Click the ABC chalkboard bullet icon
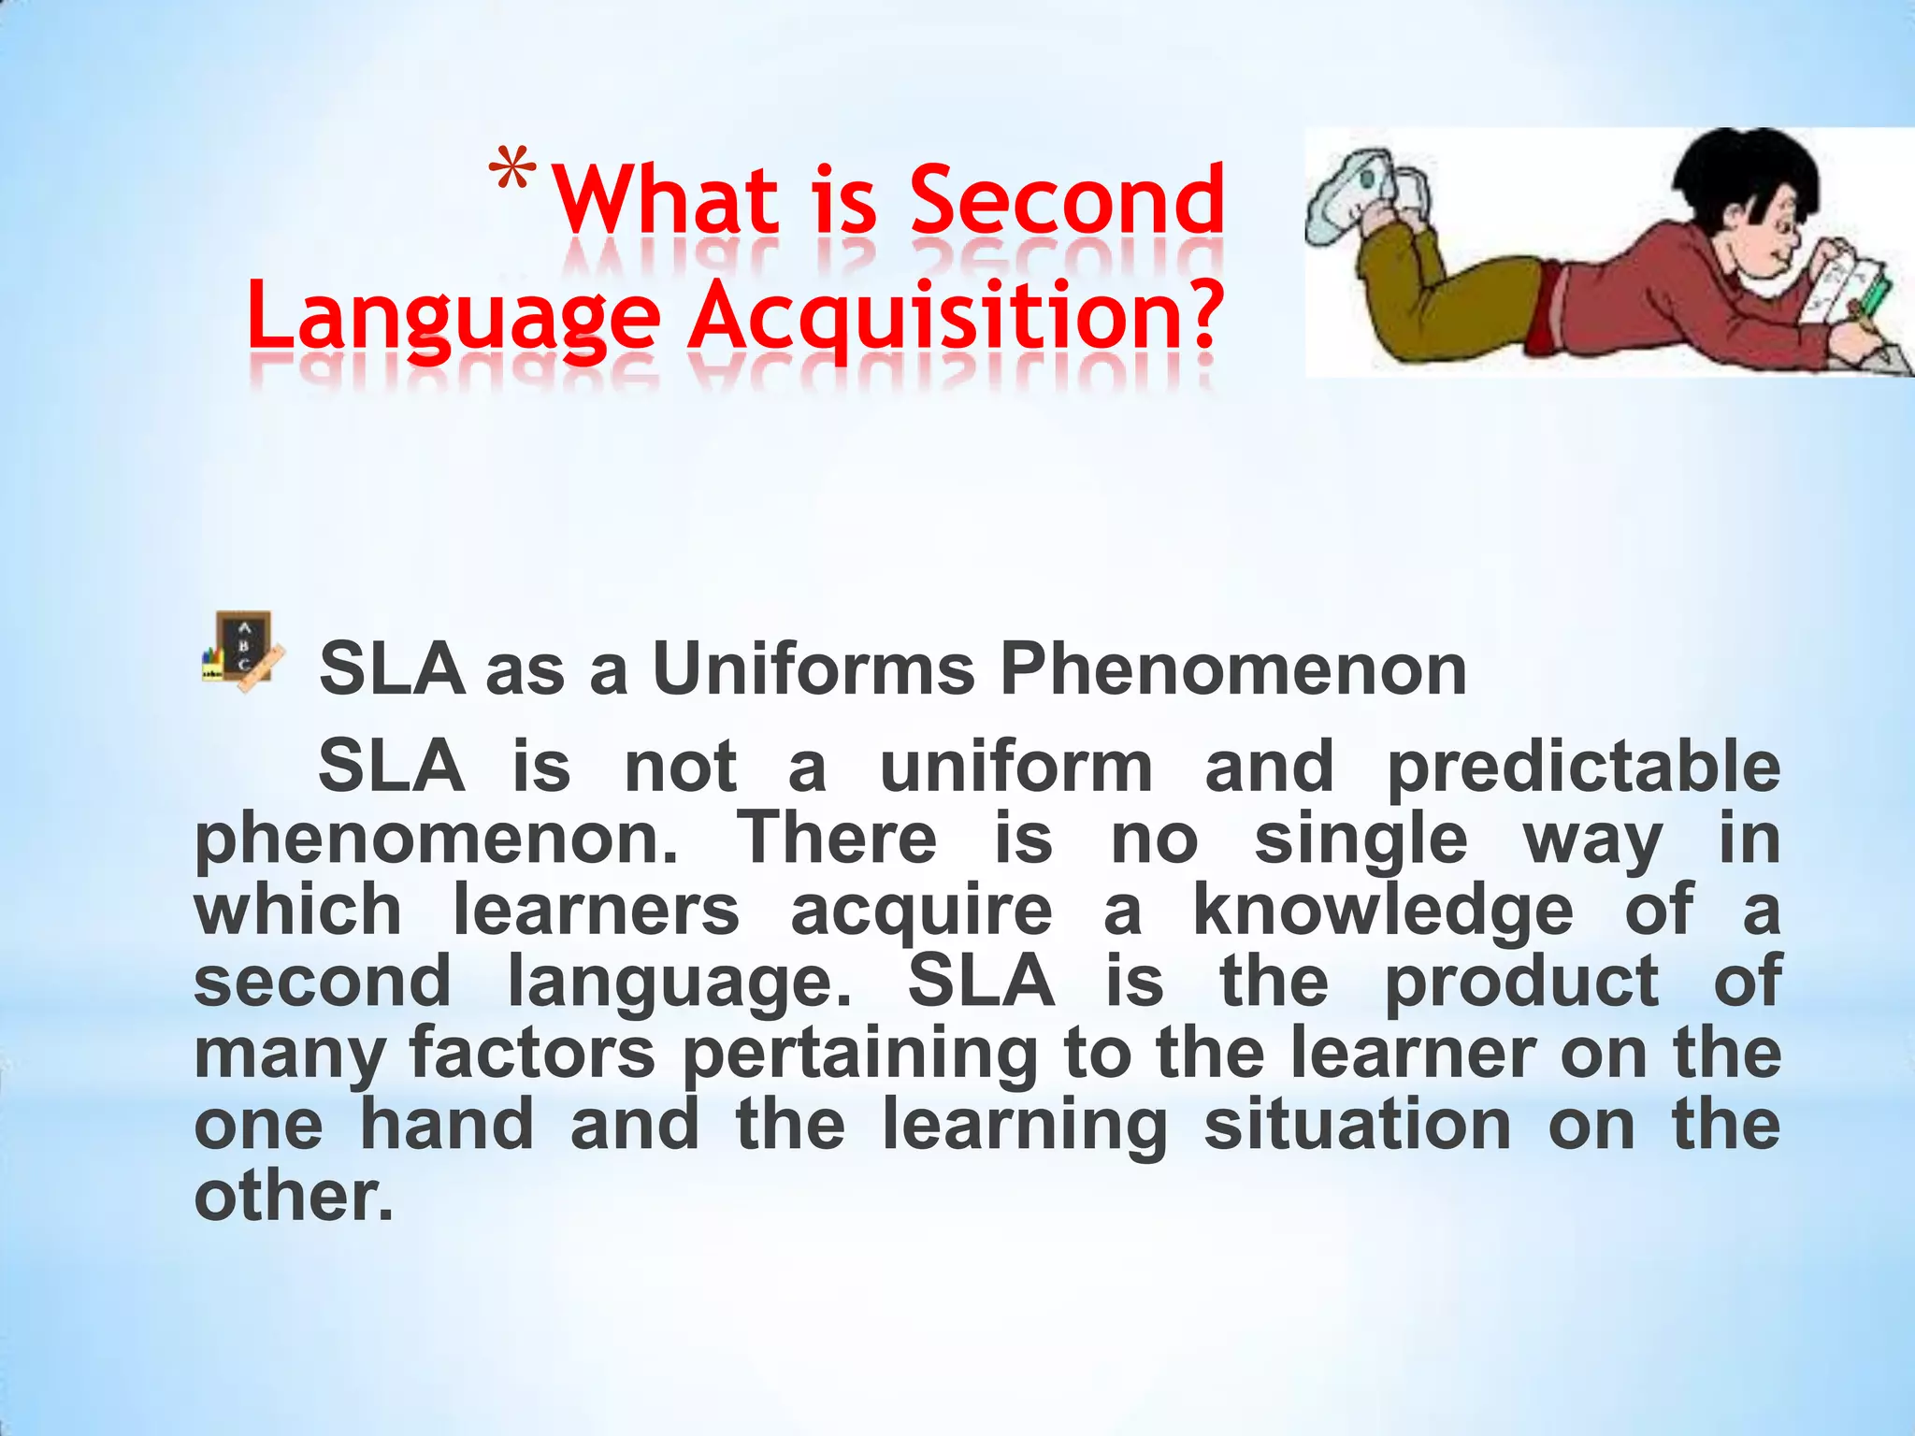coord(239,652)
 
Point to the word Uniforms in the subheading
coord(813,670)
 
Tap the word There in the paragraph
coord(837,839)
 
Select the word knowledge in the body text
coord(1383,911)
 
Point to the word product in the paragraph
coord(1521,983)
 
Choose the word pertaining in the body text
coord(860,1055)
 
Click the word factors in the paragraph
coord(532,1053)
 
